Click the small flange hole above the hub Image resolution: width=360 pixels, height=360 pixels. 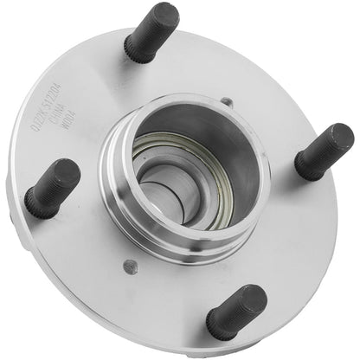click(226, 102)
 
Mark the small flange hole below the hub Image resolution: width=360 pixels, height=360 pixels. click(130, 266)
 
